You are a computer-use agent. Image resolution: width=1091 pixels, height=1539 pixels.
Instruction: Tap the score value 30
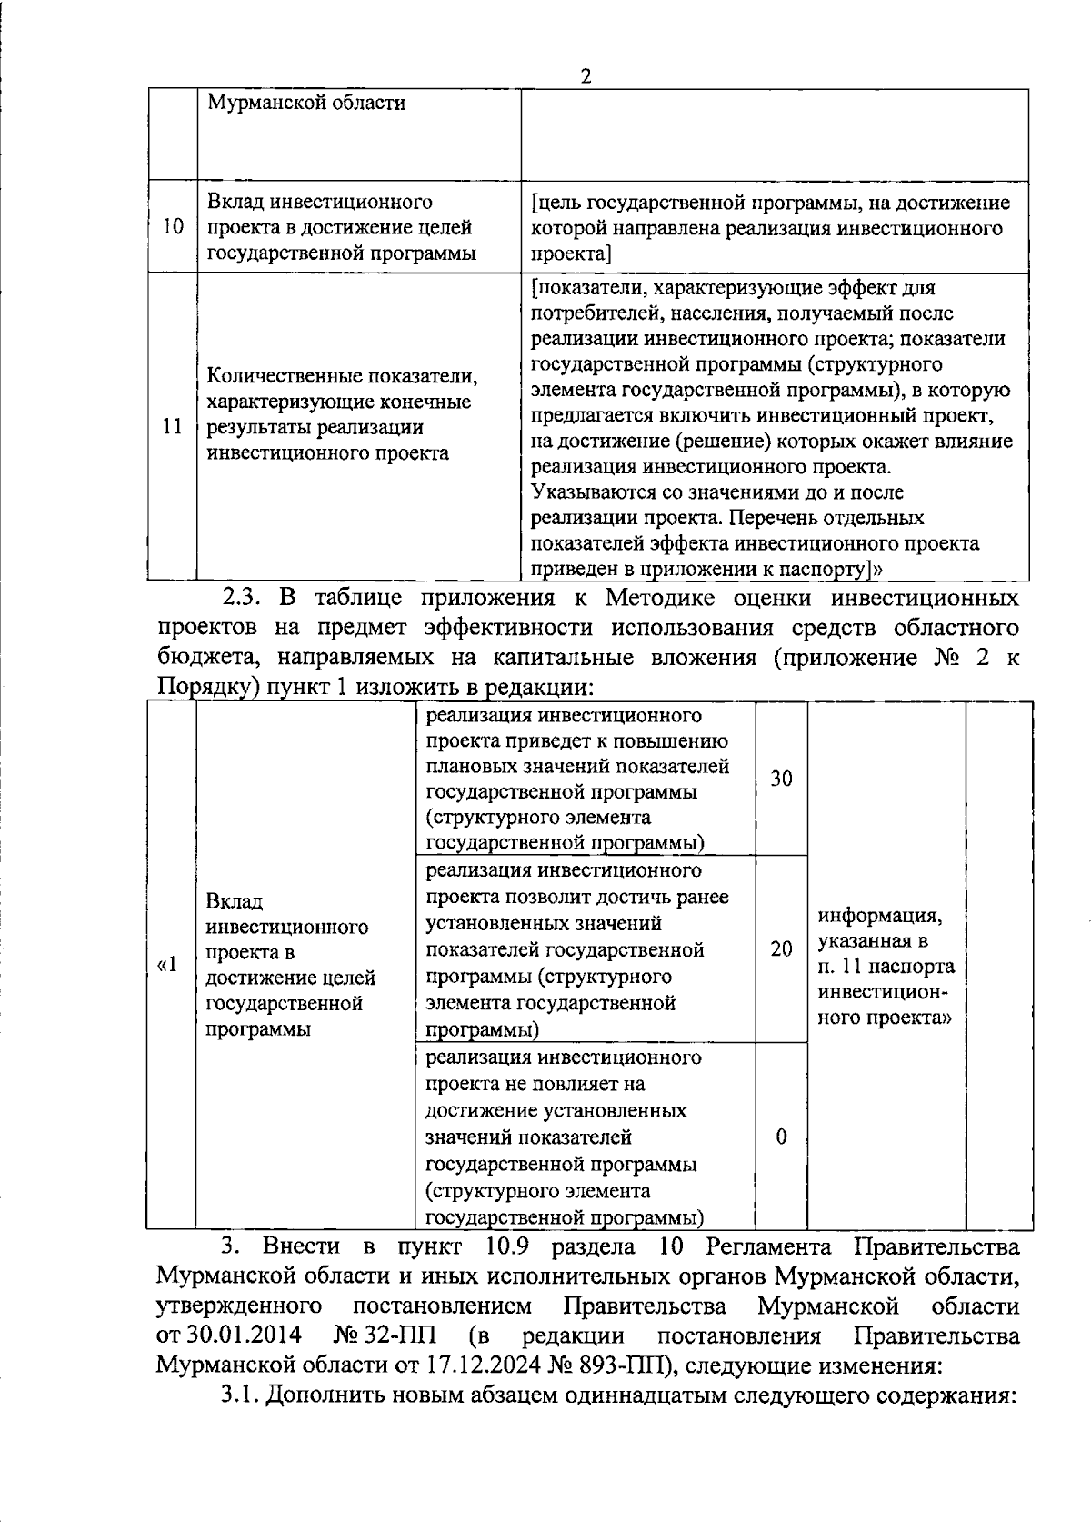click(781, 779)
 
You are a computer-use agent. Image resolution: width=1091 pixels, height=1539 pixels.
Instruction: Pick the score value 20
click(781, 949)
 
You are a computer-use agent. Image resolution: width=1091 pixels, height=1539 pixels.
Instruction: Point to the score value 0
click(781, 1137)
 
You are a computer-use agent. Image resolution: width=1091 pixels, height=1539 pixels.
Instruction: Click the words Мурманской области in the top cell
click(306, 103)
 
